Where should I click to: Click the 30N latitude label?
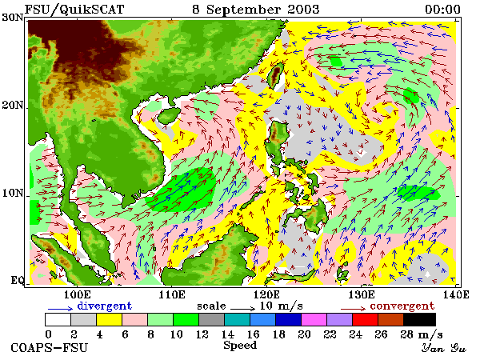point(13,17)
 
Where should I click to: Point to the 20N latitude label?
point(13,106)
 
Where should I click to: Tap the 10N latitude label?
point(13,193)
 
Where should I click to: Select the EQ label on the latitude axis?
point(17,280)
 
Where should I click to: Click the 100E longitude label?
point(78,294)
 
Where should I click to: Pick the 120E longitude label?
point(266,294)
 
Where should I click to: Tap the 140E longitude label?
point(455,294)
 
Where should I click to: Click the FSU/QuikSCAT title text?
point(74,9)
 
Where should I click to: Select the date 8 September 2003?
point(256,10)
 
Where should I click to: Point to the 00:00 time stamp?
point(442,9)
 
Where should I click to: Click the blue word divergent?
point(104,306)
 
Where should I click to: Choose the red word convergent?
point(402,306)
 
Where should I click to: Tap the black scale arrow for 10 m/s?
point(242,309)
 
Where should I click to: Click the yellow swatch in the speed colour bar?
point(110,319)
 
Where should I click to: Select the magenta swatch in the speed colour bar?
point(314,319)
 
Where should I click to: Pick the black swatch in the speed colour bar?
point(420,319)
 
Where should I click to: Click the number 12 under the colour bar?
point(202,334)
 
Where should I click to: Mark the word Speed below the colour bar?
point(240,346)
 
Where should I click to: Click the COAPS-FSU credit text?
point(49,348)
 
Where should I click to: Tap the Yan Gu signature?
point(444,347)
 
